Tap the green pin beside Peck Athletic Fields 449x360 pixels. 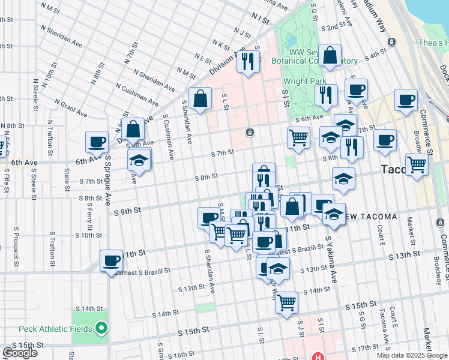point(101,328)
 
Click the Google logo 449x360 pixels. point(20,353)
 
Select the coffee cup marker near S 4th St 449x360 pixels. point(356,90)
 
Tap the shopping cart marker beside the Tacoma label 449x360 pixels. point(417,164)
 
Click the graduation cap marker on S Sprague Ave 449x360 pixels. point(139,161)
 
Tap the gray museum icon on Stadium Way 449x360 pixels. point(391,41)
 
